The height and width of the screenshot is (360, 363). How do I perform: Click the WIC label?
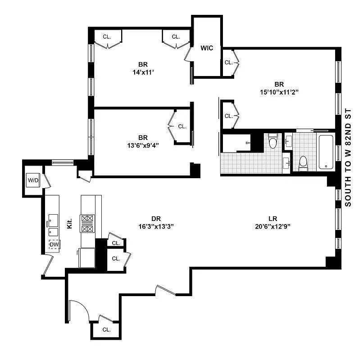coord(207,48)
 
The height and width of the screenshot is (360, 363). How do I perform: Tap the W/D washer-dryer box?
coord(34,180)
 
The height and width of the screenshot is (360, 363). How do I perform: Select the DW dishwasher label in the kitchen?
coord(54,244)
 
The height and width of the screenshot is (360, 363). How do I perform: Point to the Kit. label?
coord(70,224)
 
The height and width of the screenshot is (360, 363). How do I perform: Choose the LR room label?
coord(272,218)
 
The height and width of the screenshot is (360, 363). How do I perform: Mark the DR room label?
coord(156,218)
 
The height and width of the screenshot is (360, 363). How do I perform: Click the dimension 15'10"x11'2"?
coord(279,92)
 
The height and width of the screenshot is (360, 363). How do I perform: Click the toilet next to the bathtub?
coord(303,162)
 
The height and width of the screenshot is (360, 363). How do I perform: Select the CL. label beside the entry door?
coord(106,329)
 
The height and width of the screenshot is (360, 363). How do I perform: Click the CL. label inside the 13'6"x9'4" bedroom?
coord(182,127)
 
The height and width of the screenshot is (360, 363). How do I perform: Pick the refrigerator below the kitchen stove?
coord(86,257)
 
